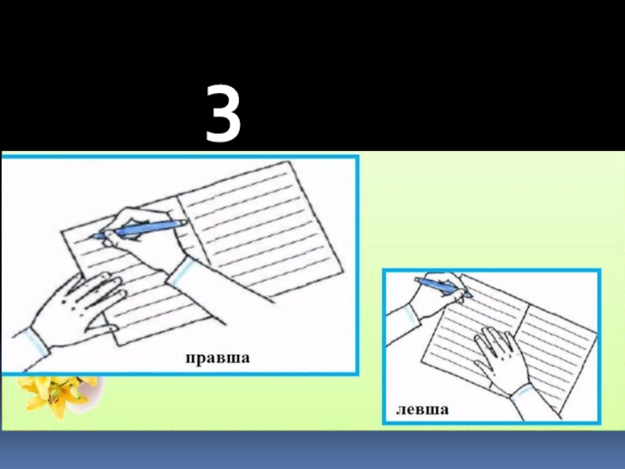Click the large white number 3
tap(223, 113)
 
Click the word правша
tap(218, 358)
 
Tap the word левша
tap(422, 409)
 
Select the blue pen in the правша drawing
tap(140, 229)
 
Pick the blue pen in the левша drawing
tap(443, 287)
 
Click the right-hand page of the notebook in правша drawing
tap(259, 227)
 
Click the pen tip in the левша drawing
tap(471, 296)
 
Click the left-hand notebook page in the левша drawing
tap(470, 335)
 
